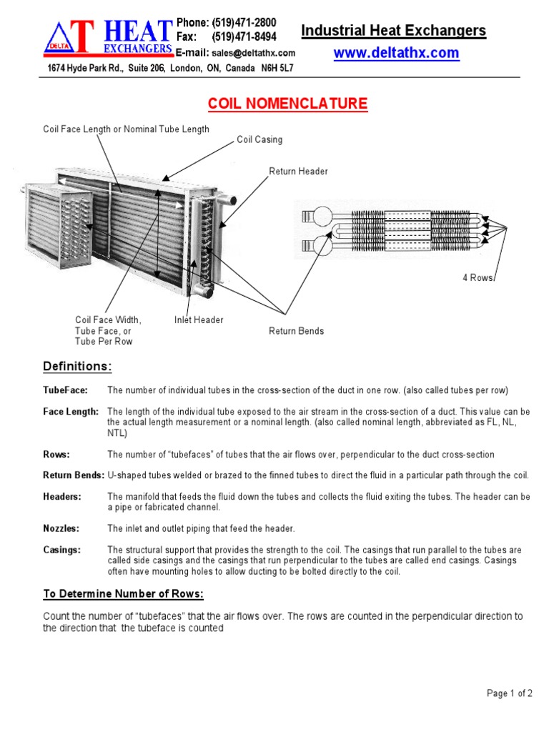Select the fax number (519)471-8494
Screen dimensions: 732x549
coord(244,36)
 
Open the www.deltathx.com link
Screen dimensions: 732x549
coord(396,54)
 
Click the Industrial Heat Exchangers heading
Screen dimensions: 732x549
coord(393,31)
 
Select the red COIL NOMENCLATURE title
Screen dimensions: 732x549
coord(287,104)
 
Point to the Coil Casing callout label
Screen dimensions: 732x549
coord(259,140)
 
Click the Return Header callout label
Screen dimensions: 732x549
coord(298,172)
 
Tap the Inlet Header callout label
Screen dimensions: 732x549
coord(199,320)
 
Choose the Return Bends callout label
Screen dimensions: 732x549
coord(296,331)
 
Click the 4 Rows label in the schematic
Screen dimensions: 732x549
coord(478,277)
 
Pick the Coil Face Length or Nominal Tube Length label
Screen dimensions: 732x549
coord(126,129)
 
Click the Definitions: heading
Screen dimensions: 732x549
coord(77,367)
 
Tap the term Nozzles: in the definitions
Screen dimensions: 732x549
coord(61,529)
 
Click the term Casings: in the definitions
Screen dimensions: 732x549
coord(62,550)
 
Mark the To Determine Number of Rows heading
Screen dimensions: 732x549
coord(123,595)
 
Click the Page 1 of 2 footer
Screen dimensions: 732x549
coord(509,693)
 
